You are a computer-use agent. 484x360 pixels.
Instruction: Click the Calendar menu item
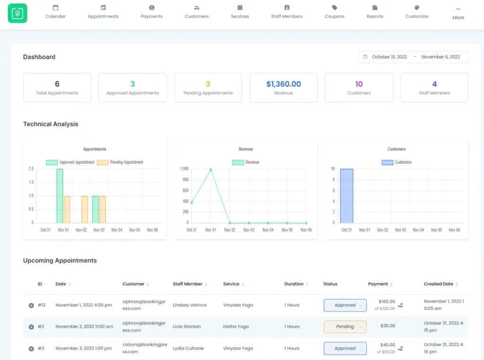pyautogui.click(x=55, y=12)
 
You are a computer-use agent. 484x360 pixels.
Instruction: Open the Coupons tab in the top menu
pyautogui.click(x=335, y=12)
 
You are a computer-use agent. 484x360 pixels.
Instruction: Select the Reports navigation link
pyautogui.click(x=375, y=12)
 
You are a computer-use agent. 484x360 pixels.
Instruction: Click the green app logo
pyautogui.click(x=17, y=13)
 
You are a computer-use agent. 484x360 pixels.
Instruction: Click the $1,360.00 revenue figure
pyautogui.click(x=284, y=84)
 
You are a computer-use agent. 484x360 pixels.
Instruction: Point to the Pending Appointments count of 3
pyautogui.click(x=208, y=84)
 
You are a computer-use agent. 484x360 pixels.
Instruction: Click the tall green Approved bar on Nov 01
pyautogui.click(x=60, y=196)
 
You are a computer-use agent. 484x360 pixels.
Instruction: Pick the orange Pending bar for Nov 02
pyautogui.click(x=85, y=209)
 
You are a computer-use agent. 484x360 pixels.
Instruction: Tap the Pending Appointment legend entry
pyautogui.click(x=120, y=162)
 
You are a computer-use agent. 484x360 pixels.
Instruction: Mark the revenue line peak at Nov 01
pyautogui.click(x=211, y=169)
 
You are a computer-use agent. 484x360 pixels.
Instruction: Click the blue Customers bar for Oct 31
pyautogui.click(x=346, y=196)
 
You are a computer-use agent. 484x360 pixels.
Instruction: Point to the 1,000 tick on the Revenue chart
pyautogui.click(x=184, y=169)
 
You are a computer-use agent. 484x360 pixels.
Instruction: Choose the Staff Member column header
pyautogui.click(x=188, y=284)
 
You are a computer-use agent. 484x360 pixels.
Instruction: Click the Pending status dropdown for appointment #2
pyautogui.click(x=345, y=326)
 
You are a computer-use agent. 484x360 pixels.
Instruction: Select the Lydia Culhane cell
pyautogui.click(x=188, y=348)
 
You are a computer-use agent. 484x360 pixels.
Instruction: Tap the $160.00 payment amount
pyautogui.click(x=387, y=301)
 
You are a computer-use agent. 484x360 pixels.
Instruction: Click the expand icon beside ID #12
pyautogui.click(x=31, y=305)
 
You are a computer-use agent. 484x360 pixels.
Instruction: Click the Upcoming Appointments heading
pyautogui.click(x=60, y=261)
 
